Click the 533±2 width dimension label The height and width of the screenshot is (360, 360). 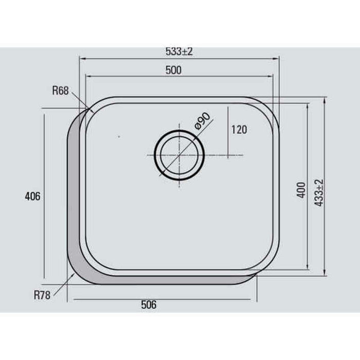[x=179, y=51]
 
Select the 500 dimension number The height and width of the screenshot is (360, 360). [x=173, y=70]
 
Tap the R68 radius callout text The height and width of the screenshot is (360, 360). [x=60, y=91]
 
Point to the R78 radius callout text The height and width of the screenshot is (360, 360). [x=42, y=295]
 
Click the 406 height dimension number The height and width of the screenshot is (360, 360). [x=32, y=196]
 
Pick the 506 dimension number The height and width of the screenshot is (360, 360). [x=149, y=304]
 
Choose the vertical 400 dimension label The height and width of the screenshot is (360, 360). [x=301, y=190]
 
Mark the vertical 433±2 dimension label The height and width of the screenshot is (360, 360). [x=319, y=193]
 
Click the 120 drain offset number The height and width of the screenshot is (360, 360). [x=239, y=130]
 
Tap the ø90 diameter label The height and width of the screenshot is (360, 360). [x=202, y=121]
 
